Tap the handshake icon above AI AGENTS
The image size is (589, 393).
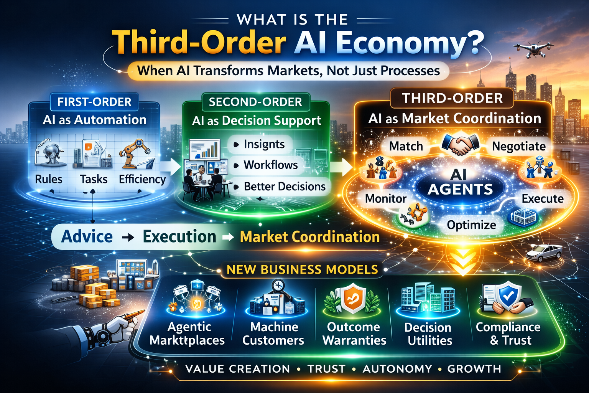tap(460, 144)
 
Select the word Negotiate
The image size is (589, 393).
tap(518, 146)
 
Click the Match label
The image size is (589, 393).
tap(406, 146)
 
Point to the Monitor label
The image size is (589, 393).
tap(385, 198)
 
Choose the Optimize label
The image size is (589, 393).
tap(471, 225)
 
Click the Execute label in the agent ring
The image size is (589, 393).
tap(542, 198)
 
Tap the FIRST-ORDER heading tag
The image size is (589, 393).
tap(94, 102)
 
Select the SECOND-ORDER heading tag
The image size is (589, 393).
tap(255, 102)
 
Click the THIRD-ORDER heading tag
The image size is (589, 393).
tap(452, 98)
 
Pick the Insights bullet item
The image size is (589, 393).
tap(264, 144)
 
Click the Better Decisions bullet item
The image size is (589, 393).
tap(284, 187)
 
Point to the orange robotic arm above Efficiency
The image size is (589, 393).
tap(135, 153)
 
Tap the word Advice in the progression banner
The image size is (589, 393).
tap(87, 236)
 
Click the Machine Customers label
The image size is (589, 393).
tap(273, 333)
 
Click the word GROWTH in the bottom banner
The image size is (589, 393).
tap(474, 369)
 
